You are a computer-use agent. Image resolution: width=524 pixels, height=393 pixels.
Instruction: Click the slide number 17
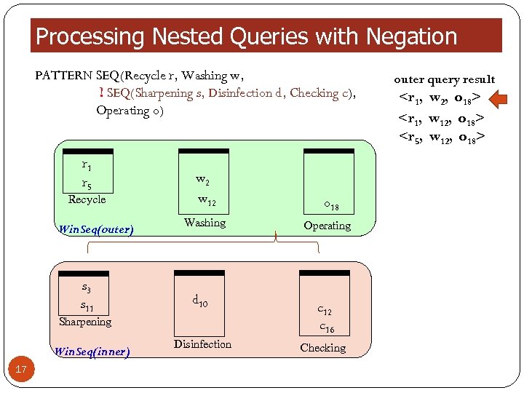tap(21, 370)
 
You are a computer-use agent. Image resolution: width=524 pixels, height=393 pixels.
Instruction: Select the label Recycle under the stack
tap(87, 199)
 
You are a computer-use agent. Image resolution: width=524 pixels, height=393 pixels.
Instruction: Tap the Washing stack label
tap(205, 223)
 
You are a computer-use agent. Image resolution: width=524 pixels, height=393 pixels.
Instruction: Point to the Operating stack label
tap(327, 226)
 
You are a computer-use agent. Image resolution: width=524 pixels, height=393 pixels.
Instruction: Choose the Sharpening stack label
tap(85, 322)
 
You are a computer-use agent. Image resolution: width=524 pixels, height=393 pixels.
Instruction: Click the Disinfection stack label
tap(202, 344)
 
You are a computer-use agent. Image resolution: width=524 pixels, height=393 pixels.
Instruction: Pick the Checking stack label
tap(322, 348)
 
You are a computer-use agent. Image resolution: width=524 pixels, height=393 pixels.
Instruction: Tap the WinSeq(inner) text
tap(92, 352)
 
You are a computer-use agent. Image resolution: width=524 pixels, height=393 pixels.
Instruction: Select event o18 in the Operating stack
tap(331, 207)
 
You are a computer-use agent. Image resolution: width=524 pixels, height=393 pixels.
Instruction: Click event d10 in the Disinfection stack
tap(200, 300)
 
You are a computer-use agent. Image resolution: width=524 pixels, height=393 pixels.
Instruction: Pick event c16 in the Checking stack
tap(327, 327)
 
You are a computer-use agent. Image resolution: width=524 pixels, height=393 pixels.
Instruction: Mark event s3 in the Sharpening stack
tap(86, 290)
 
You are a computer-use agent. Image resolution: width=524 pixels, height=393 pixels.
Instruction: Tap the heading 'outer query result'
tap(444, 79)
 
